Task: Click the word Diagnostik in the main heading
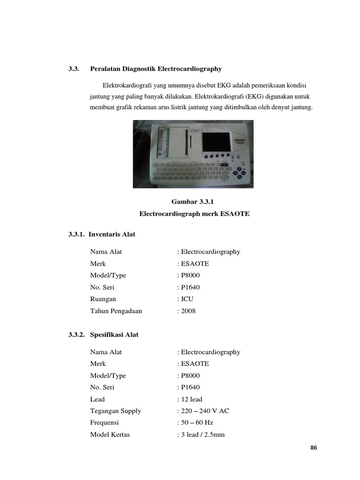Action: tap(140, 69)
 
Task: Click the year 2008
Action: tap(188, 311)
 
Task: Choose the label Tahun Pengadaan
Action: tap(116, 311)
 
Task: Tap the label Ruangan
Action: tap(103, 299)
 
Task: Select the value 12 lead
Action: tap(191, 399)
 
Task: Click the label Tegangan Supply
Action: tap(115, 411)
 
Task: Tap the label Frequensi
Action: tap(105, 423)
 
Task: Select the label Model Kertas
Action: tap(110, 435)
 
